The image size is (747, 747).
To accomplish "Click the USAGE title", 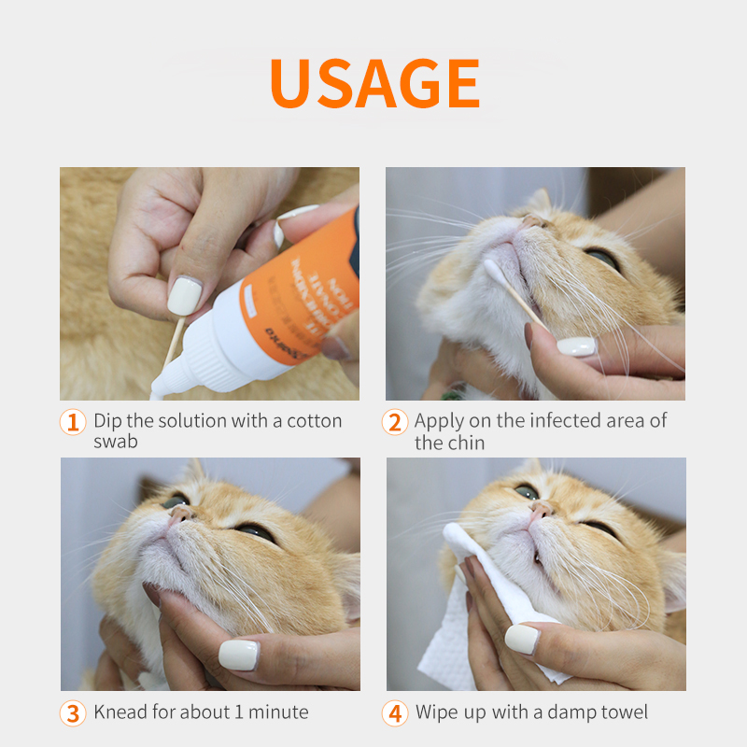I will [x=374, y=84].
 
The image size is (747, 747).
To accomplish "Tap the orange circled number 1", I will [x=73, y=422].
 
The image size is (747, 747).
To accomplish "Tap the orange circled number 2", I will [x=395, y=422].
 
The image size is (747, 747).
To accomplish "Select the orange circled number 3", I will [x=73, y=713].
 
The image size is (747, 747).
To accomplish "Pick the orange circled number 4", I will [x=395, y=713].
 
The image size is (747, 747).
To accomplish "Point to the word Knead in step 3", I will [x=120, y=712].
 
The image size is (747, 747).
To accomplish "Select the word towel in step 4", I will [x=623, y=712].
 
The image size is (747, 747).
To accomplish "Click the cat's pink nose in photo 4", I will [x=540, y=510].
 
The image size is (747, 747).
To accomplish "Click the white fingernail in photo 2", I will [x=576, y=345].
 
